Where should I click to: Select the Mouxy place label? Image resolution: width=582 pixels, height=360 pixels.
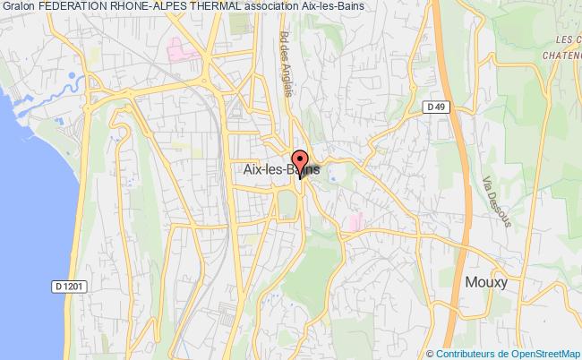[486, 282]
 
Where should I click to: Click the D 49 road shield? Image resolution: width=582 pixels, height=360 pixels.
[435, 107]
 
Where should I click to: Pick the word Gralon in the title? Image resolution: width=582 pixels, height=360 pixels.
[19, 7]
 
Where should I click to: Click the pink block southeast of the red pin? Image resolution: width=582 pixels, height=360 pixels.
[358, 219]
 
